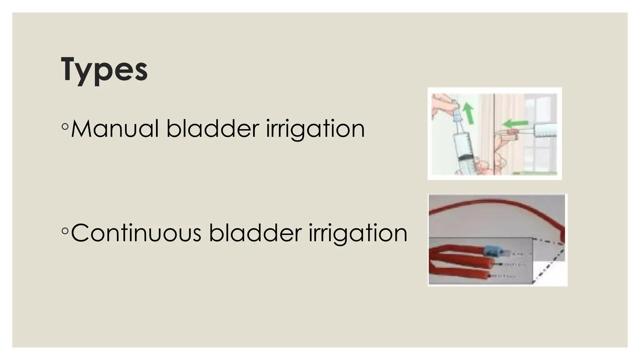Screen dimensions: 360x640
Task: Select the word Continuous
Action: tap(136, 233)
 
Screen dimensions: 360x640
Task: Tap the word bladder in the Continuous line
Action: tap(255, 233)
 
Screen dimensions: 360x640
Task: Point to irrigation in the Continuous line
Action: tap(358, 233)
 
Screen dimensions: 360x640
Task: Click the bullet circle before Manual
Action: tap(65, 126)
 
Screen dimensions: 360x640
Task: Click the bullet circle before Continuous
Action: tap(65, 231)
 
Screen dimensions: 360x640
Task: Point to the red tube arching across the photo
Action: tap(497, 203)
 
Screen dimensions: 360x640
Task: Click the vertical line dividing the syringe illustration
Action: tap(494, 134)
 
